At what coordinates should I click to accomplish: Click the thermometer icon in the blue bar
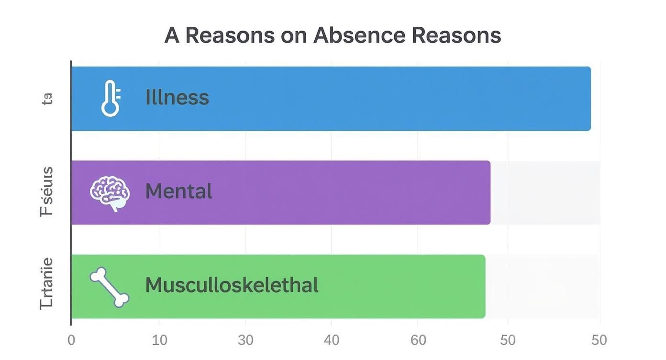click(111, 98)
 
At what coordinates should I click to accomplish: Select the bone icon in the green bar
click(110, 287)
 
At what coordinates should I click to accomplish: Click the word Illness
click(177, 98)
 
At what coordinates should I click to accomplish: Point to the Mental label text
click(178, 191)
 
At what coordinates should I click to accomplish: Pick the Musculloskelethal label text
click(232, 285)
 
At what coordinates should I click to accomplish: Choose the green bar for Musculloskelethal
click(383, 286)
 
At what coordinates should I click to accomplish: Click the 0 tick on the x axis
click(71, 340)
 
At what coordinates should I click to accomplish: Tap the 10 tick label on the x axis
click(159, 340)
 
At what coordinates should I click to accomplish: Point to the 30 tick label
click(245, 340)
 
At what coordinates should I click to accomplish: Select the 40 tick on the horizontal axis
click(331, 340)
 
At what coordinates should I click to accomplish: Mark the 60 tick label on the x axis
click(418, 340)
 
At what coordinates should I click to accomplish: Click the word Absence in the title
click(359, 35)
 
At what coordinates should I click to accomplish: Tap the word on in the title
click(294, 35)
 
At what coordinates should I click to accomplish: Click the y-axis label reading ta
click(47, 99)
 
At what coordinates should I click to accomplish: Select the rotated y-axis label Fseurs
click(47, 192)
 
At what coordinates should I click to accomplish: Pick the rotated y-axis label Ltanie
click(47, 284)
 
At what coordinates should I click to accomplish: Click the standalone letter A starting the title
click(172, 35)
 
